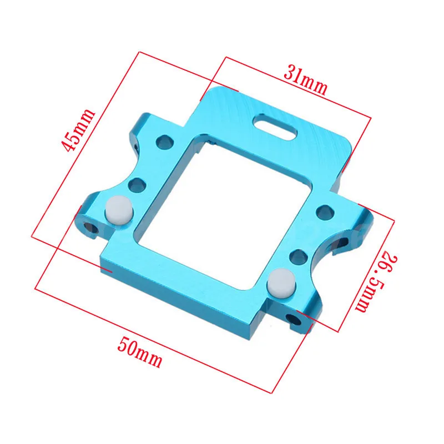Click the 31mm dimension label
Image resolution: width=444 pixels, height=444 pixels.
pos(306,80)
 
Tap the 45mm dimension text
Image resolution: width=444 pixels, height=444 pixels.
pos(78,130)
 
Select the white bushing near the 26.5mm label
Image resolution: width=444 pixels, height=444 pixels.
pos(280,281)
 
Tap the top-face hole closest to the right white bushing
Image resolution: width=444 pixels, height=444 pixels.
pos(298,256)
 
